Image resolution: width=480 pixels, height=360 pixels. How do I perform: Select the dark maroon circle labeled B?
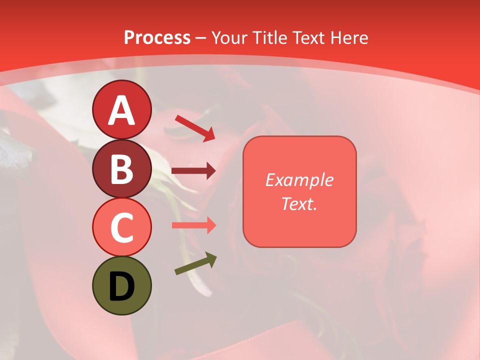[x=122, y=168]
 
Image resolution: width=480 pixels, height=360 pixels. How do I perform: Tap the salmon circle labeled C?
[x=122, y=227]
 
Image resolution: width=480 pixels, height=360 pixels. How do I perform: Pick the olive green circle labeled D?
[x=122, y=286]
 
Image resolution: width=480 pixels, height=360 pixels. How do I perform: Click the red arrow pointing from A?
[x=195, y=128]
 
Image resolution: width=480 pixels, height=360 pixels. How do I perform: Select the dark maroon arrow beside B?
[x=193, y=171]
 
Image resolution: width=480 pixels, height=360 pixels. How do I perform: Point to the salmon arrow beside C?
[x=193, y=225]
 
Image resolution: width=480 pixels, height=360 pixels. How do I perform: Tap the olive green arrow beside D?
[x=195, y=264]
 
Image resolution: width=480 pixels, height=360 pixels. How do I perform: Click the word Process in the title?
[x=157, y=38]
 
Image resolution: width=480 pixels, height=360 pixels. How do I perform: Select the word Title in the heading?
[x=270, y=38]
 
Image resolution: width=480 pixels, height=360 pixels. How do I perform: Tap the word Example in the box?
[x=299, y=180]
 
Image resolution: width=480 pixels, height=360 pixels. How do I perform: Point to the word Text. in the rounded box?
[x=299, y=203]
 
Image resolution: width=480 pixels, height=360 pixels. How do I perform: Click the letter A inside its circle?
[x=122, y=110]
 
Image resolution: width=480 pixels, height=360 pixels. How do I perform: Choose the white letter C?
[x=122, y=228]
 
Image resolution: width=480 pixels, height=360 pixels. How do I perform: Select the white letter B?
[x=122, y=169]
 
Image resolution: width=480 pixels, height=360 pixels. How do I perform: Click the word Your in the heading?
[x=230, y=38]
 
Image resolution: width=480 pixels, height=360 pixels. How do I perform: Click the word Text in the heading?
[x=308, y=38]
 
